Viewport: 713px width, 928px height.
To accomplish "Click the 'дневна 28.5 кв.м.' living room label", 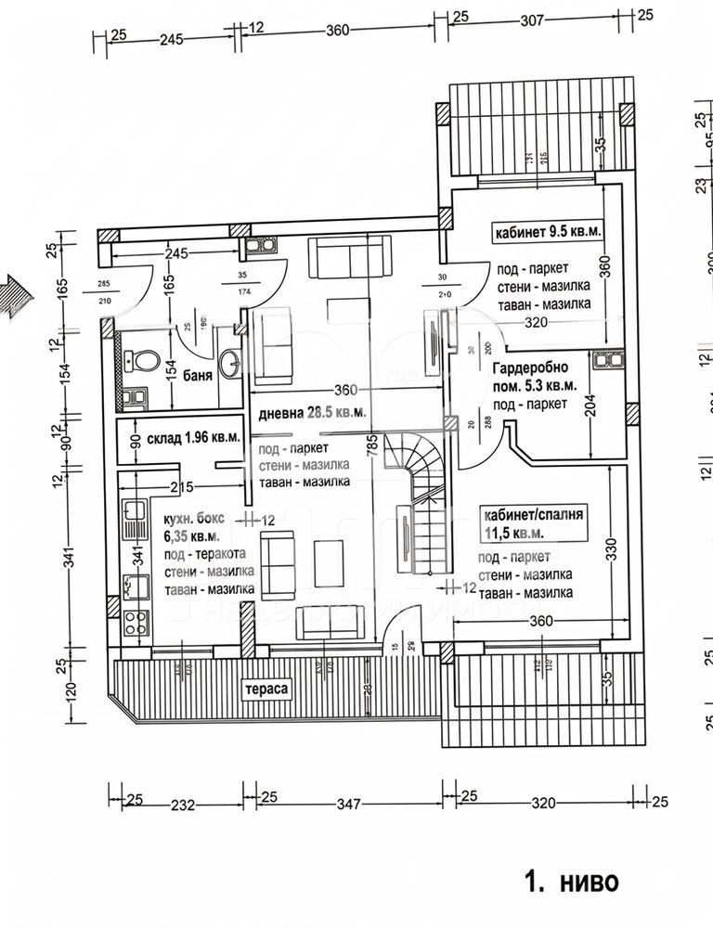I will [x=311, y=411].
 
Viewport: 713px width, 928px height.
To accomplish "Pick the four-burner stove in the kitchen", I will [x=136, y=621].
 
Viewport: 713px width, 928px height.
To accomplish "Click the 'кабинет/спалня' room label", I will [x=532, y=512].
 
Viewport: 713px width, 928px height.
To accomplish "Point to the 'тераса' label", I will [x=265, y=690].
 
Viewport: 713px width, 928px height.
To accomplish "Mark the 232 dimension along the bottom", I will [x=182, y=805].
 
